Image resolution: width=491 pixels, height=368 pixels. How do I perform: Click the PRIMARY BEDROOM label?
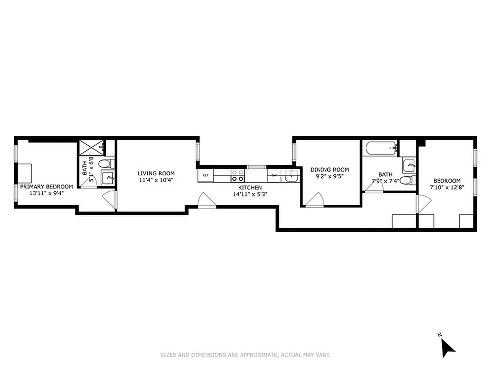coord(46,186)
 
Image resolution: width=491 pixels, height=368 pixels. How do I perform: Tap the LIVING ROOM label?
coord(156,173)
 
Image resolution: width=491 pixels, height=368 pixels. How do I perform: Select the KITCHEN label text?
coord(250,187)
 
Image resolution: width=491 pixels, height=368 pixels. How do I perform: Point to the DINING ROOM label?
coord(329,169)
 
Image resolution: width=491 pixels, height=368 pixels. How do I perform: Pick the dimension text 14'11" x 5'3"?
coord(250,194)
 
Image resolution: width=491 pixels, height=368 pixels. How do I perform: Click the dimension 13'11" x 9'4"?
coord(46,193)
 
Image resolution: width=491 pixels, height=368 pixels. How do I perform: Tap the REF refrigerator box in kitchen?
coord(205,175)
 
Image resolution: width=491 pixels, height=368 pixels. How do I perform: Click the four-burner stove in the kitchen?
coord(237,175)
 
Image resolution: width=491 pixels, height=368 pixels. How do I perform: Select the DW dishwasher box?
coord(274,175)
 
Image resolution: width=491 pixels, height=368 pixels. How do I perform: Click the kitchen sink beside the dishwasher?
coord(291,175)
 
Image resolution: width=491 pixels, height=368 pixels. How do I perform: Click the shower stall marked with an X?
coord(90,148)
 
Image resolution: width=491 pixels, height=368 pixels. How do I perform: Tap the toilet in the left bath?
coord(104,163)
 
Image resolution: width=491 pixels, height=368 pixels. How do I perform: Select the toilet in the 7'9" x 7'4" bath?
coord(406,180)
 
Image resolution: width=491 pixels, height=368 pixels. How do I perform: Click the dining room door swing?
coord(315,200)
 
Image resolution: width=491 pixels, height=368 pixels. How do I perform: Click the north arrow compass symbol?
coord(447,346)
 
